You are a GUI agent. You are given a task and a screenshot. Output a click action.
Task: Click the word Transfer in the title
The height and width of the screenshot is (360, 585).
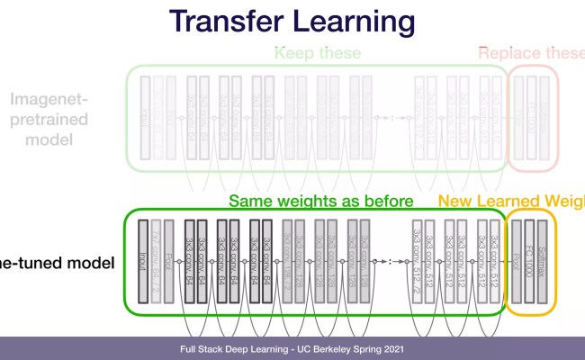tap(230, 22)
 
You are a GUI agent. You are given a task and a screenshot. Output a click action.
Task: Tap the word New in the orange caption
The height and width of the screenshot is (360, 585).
tap(458, 201)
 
